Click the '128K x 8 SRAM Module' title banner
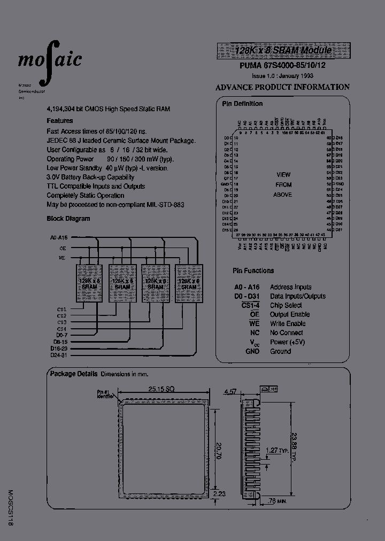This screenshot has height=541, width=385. click(x=283, y=51)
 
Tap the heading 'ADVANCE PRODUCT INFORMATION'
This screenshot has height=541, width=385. click(x=282, y=87)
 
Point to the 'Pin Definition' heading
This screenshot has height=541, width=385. click(x=242, y=104)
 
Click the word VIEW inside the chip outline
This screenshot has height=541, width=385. click(x=283, y=175)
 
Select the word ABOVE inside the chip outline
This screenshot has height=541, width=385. click(x=283, y=195)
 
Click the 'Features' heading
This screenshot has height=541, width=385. click(x=59, y=121)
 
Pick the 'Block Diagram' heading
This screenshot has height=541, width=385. click(x=68, y=218)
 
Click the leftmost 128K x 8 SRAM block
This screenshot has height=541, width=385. click(x=89, y=283)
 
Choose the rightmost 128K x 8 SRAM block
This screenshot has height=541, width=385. click(x=189, y=283)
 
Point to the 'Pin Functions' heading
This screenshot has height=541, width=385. click(x=253, y=271)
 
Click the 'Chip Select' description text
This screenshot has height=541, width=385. click(x=286, y=305)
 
